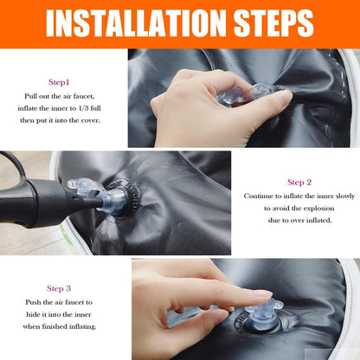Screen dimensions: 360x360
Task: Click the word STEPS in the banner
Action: [273, 23]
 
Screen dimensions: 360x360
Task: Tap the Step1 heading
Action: [59, 82]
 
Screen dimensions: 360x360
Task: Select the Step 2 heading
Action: [299, 183]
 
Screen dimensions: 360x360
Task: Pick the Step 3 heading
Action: [59, 288]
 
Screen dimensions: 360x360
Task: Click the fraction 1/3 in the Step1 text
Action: [84, 108]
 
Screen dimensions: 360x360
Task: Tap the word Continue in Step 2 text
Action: [259, 196]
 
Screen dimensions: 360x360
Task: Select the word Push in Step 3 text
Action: [33, 302]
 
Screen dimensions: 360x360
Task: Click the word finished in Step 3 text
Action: [55, 327]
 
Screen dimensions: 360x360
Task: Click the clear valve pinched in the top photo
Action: [244, 93]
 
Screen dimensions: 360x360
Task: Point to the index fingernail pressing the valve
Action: [262, 294]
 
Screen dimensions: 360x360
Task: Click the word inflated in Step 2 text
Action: [319, 221]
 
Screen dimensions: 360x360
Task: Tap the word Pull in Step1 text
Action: [30, 96]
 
